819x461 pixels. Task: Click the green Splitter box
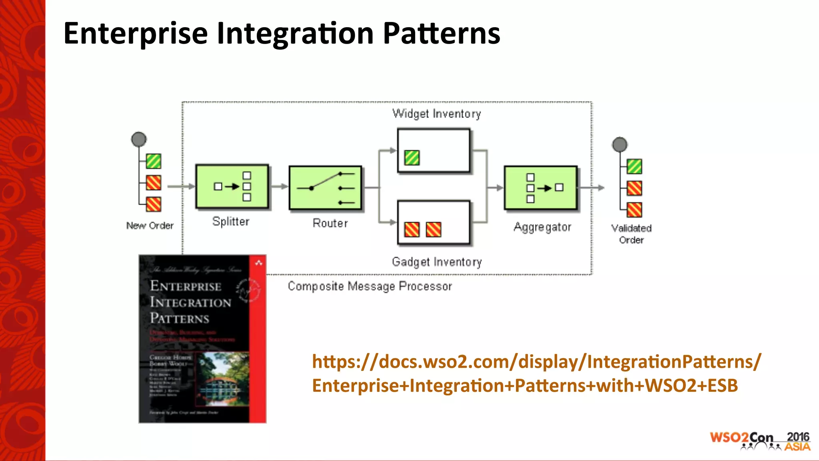click(x=232, y=186)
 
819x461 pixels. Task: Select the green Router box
click(x=325, y=188)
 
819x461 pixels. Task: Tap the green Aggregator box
click(x=541, y=188)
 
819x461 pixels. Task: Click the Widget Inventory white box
click(x=433, y=150)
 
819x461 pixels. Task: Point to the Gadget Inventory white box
click(x=433, y=222)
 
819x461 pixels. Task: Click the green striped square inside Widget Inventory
click(x=411, y=158)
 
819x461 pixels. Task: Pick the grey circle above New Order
click(x=139, y=139)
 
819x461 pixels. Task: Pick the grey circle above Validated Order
click(x=619, y=144)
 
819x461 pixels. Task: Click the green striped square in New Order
click(x=154, y=161)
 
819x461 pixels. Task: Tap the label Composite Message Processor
click(x=370, y=287)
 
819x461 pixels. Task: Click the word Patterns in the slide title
click(x=441, y=34)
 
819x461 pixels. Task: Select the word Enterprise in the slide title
click(x=136, y=34)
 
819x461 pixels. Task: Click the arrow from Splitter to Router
click(x=279, y=186)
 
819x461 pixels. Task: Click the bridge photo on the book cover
click(x=223, y=378)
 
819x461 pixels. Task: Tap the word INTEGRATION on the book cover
click(x=190, y=303)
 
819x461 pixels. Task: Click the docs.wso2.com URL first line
click(x=536, y=362)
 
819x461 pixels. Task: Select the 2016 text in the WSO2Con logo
click(x=797, y=437)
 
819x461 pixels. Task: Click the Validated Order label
click(x=631, y=234)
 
